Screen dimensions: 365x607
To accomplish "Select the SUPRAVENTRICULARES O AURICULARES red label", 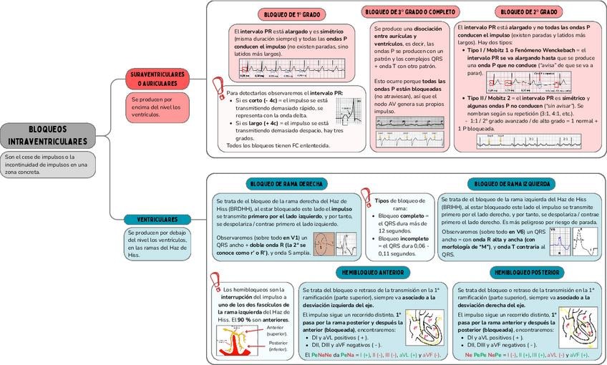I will pos(157,79).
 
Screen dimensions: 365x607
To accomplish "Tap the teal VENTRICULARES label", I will pos(157,219).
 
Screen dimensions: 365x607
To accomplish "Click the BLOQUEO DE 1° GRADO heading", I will pos(291,14).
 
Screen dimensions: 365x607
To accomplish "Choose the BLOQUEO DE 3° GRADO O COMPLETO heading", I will pos(411,12).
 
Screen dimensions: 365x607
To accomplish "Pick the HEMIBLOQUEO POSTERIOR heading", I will pos(526,273).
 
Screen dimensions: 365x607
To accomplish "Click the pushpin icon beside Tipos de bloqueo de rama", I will pos(366,198).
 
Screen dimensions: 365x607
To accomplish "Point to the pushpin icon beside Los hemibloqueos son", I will pos(213,282).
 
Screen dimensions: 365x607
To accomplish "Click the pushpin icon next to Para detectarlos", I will pos(220,86).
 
